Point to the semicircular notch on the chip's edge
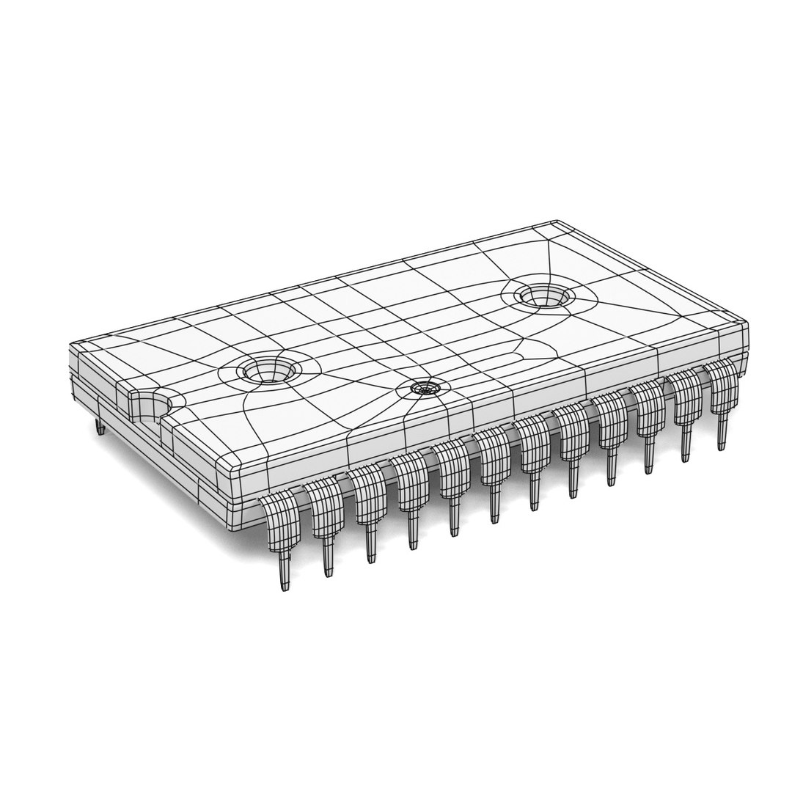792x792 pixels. coord(153,406)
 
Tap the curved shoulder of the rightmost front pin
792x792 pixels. coord(722,381)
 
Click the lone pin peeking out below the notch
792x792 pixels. coord(100,428)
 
